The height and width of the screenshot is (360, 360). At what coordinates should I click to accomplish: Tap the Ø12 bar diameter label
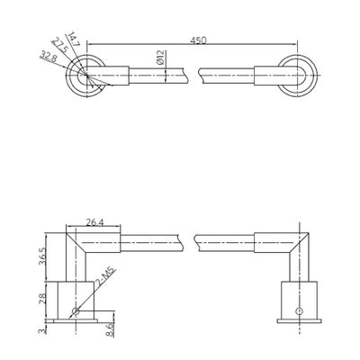click(x=159, y=61)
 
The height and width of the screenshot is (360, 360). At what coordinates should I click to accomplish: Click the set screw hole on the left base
click(x=77, y=312)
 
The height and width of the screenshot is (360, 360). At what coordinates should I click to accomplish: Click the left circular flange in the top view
click(x=86, y=74)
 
